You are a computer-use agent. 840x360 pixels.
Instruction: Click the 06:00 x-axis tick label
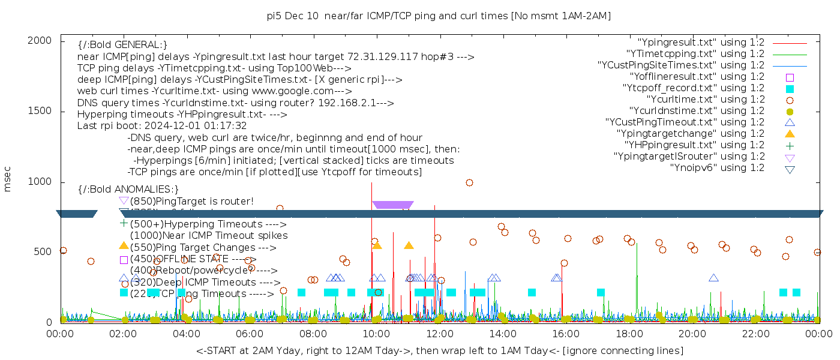click(250, 334)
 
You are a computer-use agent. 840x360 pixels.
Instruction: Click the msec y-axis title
click(8, 181)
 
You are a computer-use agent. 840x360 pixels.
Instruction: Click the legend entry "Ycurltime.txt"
click(705, 100)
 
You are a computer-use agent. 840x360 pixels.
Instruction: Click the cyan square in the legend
click(790, 89)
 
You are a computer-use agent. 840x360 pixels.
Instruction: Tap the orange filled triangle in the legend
click(790, 134)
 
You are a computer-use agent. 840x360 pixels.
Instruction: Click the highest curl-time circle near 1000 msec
click(469, 182)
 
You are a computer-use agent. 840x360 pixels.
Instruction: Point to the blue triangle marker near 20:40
click(713, 278)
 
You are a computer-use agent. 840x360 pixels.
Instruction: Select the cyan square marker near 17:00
click(601, 292)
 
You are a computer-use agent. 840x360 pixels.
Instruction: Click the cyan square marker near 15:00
click(532, 292)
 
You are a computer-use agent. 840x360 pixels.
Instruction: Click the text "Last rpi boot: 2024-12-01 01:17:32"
click(162, 126)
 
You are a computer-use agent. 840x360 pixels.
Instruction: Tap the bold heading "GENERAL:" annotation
click(122, 45)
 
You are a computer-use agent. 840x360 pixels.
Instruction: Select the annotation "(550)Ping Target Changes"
click(203, 247)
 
